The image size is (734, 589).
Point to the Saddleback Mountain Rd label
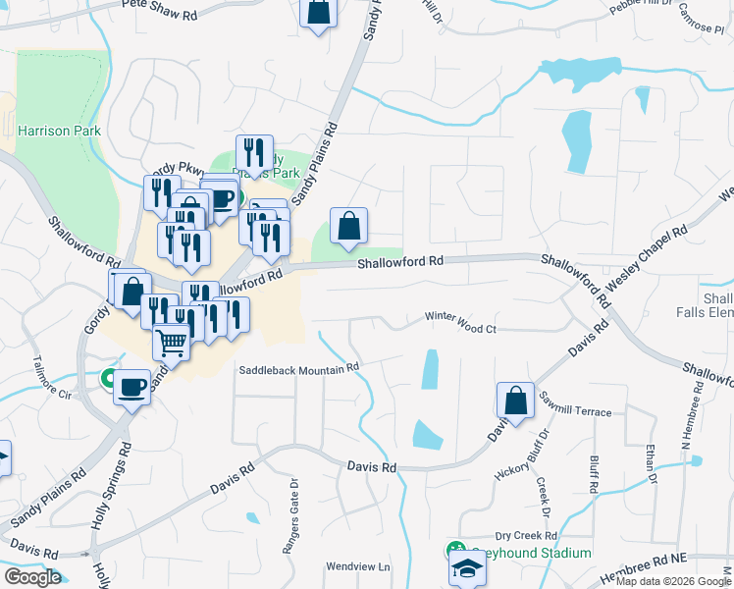click(x=299, y=370)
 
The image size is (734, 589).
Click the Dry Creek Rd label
click(x=525, y=536)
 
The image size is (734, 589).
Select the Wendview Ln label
click(x=358, y=566)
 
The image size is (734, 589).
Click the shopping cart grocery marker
click(x=172, y=343)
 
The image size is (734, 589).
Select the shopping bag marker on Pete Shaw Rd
click(x=319, y=13)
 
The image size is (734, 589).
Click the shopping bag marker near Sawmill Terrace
click(x=515, y=401)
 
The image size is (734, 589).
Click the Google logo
click(x=32, y=576)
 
